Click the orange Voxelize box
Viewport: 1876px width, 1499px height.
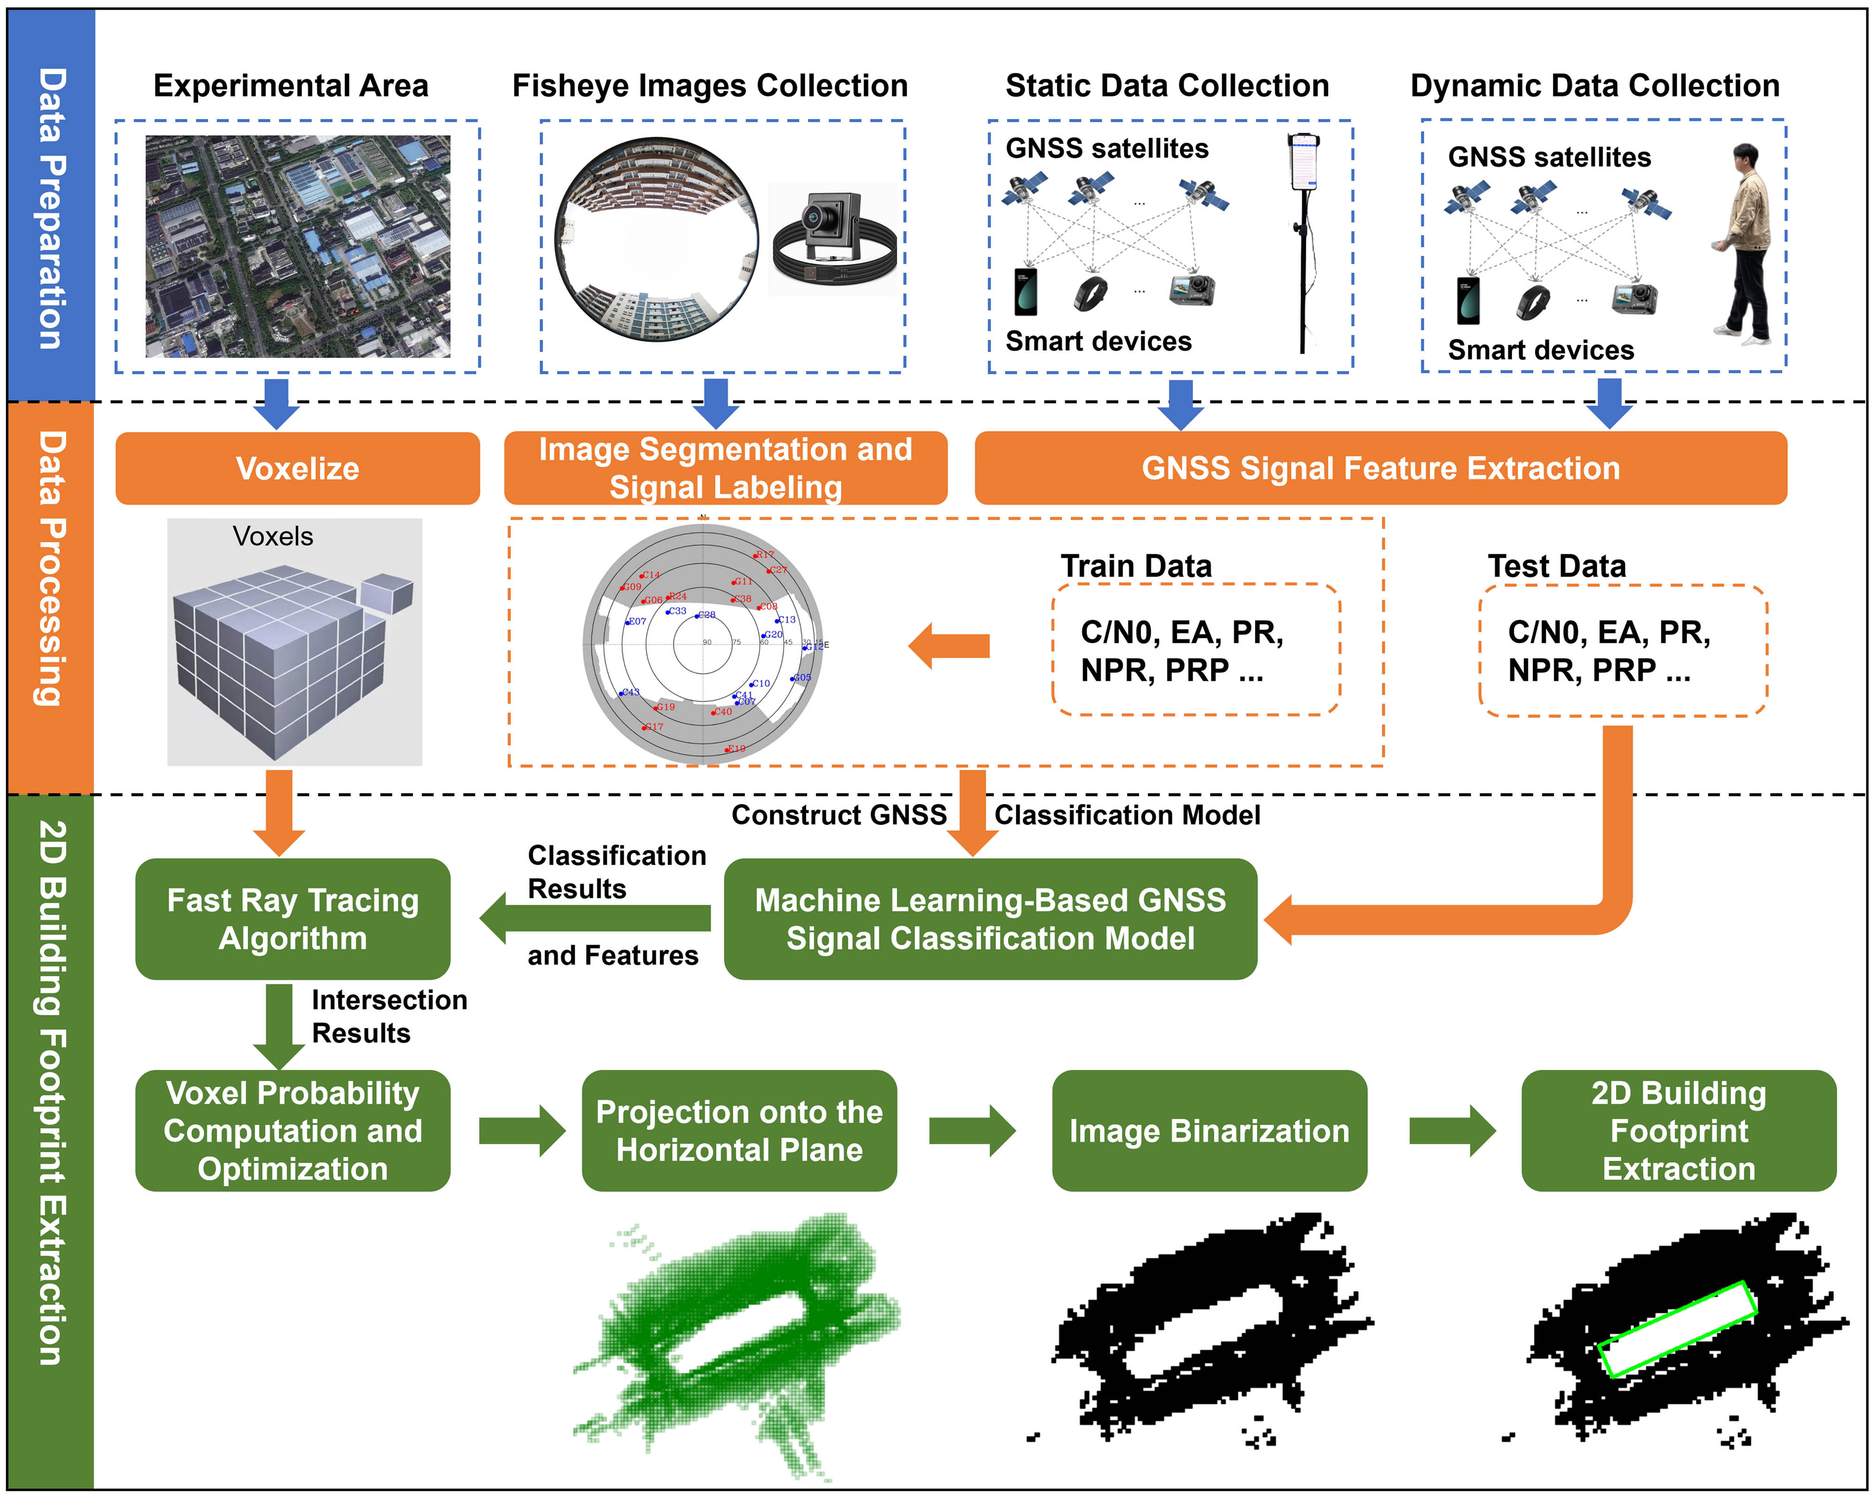tap(298, 468)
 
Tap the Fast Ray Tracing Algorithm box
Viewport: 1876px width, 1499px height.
tap(292, 919)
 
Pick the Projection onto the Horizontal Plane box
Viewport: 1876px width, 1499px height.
tap(739, 1131)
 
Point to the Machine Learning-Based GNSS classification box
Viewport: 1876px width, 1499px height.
tap(990, 919)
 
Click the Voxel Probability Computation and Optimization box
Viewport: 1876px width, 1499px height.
tap(292, 1131)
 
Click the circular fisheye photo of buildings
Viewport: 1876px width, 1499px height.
tap(656, 239)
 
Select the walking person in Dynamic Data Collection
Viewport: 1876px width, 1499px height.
tap(1745, 244)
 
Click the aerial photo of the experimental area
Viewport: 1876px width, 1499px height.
tap(298, 246)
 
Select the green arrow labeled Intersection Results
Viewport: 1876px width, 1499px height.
tap(279, 1025)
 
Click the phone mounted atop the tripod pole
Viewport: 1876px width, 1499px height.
tap(1302, 161)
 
